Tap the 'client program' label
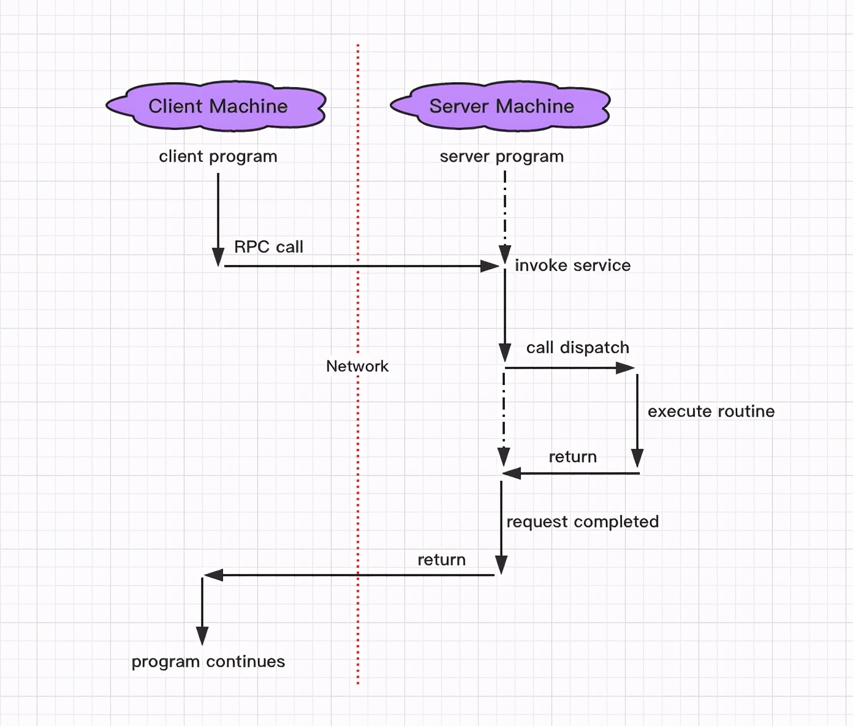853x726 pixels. click(x=218, y=156)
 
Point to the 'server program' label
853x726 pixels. click(x=501, y=156)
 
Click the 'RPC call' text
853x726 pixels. click(x=268, y=246)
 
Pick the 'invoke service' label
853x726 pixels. click(x=572, y=266)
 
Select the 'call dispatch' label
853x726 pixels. click(x=577, y=348)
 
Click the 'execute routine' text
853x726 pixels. click(x=711, y=411)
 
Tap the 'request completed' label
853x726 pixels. click(x=582, y=522)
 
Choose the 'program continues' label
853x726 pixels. click(x=208, y=662)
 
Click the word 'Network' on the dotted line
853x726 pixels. click(x=357, y=366)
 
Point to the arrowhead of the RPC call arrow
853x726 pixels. click(x=490, y=266)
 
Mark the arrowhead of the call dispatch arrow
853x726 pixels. click(x=626, y=368)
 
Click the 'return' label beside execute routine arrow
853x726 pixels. click(x=572, y=457)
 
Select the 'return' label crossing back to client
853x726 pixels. click(x=441, y=560)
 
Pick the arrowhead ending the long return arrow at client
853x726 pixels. click(x=213, y=575)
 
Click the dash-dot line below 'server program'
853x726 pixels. click(x=505, y=208)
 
